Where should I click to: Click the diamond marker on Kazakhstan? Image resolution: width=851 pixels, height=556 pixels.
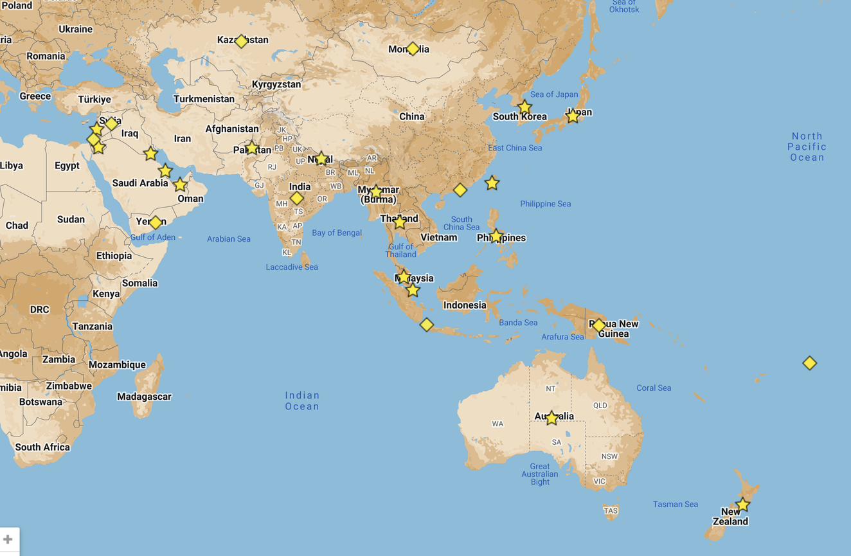241,42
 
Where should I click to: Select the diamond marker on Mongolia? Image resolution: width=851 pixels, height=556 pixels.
413,49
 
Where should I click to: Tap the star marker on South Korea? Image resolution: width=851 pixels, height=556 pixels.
524,107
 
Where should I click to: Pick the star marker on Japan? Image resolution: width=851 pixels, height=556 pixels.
572,116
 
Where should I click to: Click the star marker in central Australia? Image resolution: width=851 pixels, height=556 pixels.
551,418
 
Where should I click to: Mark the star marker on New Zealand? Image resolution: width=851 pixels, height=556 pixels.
742,505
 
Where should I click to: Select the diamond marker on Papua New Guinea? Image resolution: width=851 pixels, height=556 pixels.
599,326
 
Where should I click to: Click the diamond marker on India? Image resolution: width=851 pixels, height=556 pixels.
296,198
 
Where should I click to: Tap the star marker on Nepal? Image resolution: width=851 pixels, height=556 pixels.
321,159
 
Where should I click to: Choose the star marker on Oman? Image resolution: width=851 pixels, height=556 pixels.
180,185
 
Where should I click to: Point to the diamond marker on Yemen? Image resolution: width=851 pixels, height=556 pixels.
156,222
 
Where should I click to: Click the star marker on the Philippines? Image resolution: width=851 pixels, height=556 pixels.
496,236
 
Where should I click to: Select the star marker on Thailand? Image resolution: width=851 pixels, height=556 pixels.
399,222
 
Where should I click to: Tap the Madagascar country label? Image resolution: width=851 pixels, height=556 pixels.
144,397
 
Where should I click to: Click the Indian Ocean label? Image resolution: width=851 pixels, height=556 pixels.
302,400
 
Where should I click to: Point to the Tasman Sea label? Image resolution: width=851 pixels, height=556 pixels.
675,504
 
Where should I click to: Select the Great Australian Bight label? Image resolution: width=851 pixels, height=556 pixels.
540,474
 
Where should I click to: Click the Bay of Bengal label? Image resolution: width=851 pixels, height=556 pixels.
337,233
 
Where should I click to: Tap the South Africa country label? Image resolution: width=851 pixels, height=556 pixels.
42,447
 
